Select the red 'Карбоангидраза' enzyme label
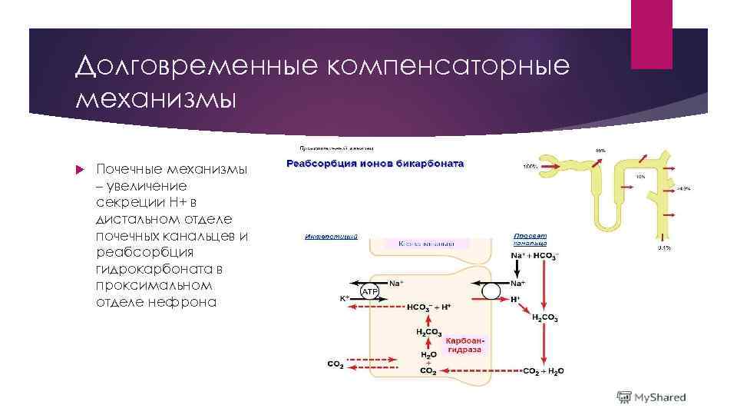click(x=464, y=344)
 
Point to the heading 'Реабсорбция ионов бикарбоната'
click(x=375, y=164)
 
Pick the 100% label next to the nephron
click(x=530, y=166)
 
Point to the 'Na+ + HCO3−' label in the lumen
click(x=535, y=255)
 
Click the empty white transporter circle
click(x=491, y=290)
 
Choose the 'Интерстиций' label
click(x=331, y=236)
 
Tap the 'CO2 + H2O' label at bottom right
click(x=543, y=370)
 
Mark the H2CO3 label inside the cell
click(x=428, y=332)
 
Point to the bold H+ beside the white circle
click(x=515, y=298)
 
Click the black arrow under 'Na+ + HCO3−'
click(x=517, y=269)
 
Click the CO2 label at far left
click(x=335, y=364)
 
